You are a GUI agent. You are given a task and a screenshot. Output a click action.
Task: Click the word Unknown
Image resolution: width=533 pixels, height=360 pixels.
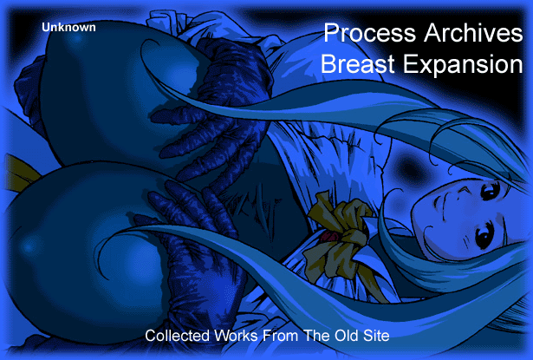coord(68,27)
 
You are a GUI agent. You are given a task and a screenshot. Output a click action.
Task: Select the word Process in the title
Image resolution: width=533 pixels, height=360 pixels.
coord(370,33)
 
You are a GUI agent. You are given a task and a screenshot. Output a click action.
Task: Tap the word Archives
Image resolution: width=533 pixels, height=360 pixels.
coord(473,32)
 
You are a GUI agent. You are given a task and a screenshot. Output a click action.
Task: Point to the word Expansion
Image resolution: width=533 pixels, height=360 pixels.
coord(463,65)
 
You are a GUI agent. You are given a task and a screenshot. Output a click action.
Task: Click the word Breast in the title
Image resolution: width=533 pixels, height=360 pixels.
coord(358,63)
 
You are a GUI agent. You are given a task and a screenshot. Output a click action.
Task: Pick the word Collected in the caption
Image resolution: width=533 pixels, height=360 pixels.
coord(177,336)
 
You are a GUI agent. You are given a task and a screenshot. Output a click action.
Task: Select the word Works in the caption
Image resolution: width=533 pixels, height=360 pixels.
coord(236,336)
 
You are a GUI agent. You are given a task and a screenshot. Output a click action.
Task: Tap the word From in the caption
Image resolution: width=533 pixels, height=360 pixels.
coord(281,336)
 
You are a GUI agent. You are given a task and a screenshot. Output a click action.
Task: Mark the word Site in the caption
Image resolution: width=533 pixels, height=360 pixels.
coord(376,336)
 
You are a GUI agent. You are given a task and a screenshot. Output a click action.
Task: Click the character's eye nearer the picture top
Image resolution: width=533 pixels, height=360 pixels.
coord(491,192)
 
